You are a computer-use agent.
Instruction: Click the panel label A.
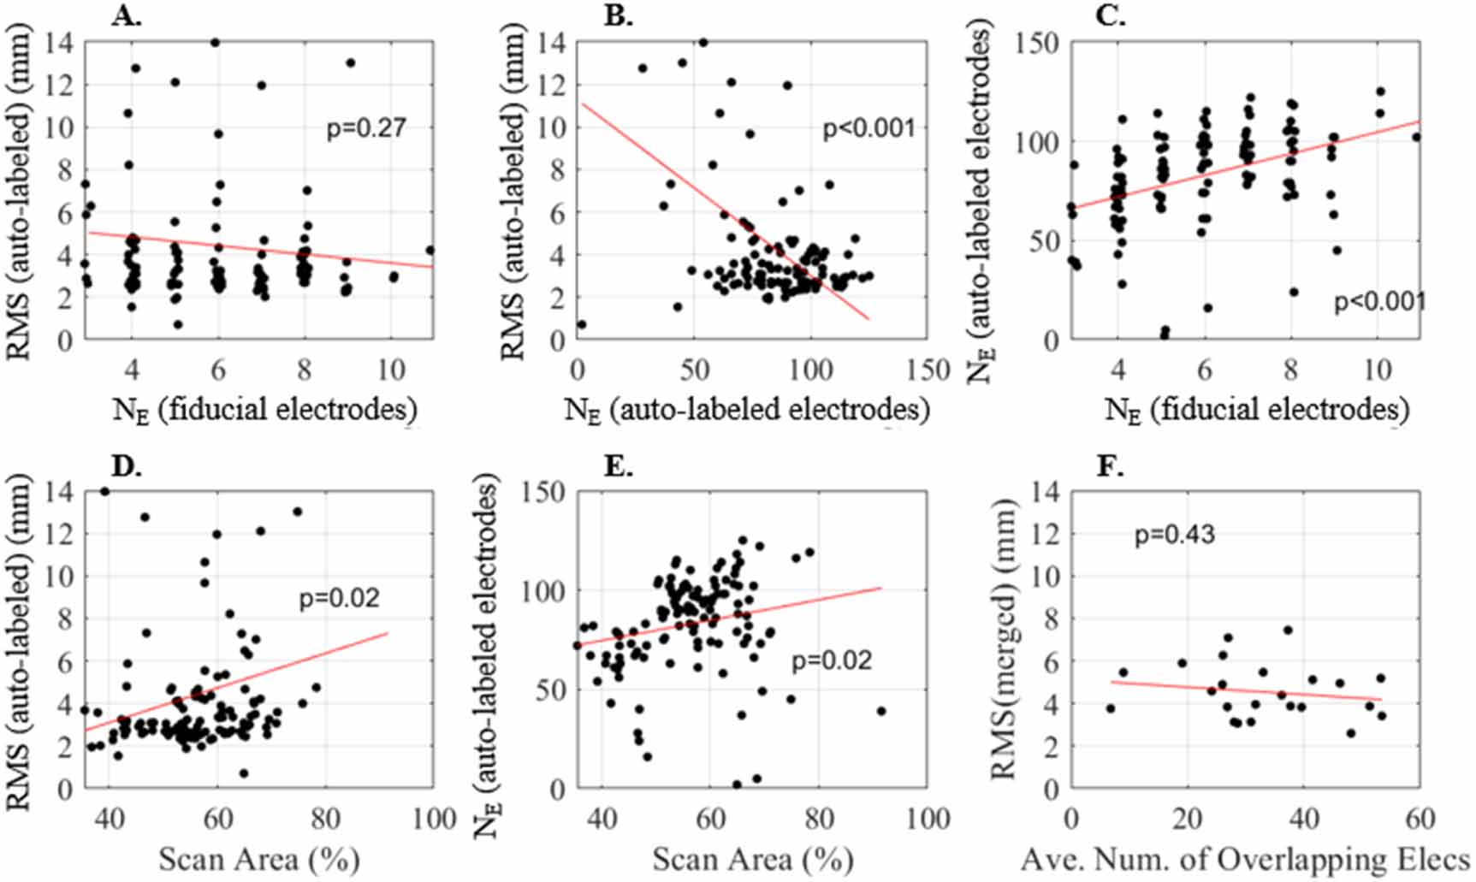pyautogui.click(x=127, y=16)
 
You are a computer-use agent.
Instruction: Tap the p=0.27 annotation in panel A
pyautogui.click(x=366, y=128)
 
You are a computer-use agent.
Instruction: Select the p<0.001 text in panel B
pyautogui.click(x=868, y=128)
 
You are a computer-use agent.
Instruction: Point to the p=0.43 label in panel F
pyautogui.click(x=1174, y=535)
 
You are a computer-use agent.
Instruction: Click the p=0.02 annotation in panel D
pyautogui.click(x=339, y=598)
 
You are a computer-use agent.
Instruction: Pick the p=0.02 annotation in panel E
pyautogui.click(x=832, y=660)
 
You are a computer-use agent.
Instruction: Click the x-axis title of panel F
pyautogui.click(x=1245, y=859)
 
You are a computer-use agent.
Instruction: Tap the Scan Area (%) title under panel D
pyautogui.click(x=258, y=859)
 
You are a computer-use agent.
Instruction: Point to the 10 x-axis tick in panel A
pyautogui.click(x=391, y=370)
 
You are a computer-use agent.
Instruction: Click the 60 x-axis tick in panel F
pyautogui.click(x=1420, y=819)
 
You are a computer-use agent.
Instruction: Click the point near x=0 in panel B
pyautogui.click(x=582, y=324)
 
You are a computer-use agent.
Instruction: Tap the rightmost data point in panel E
pyautogui.click(x=881, y=711)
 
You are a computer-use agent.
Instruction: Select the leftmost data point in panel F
pyautogui.click(x=1111, y=708)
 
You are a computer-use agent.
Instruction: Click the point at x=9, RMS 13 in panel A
pyautogui.click(x=350, y=62)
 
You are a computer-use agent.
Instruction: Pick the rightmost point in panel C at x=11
pyautogui.click(x=1416, y=137)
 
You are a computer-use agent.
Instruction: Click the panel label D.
pyautogui.click(x=127, y=466)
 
